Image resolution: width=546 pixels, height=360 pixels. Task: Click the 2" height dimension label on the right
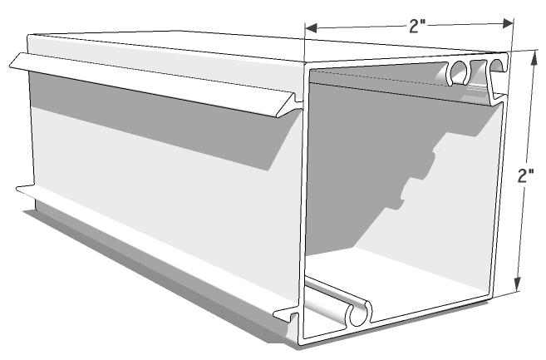(525, 176)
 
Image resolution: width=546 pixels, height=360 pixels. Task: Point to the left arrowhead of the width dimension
(309, 28)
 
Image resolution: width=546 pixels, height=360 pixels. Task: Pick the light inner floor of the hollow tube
(416, 283)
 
